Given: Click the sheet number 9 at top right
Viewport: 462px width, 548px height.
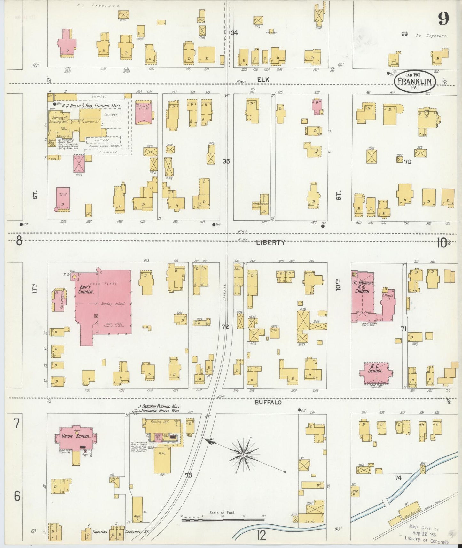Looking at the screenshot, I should (x=443, y=19).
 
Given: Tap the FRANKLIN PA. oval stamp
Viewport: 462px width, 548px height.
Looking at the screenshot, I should (x=415, y=82).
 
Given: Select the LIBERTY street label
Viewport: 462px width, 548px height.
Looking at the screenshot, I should (x=270, y=243).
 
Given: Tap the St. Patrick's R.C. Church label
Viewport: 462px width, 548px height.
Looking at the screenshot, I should (x=363, y=287).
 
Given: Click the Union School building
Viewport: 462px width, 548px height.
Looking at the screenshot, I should (x=76, y=436).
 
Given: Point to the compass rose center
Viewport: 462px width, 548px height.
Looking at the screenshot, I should (x=244, y=454).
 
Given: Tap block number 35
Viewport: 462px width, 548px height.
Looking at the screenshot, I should (x=226, y=161).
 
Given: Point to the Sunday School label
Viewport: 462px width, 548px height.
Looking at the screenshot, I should (x=113, y=304).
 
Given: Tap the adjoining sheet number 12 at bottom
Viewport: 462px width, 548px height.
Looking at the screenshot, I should (x=261, y=536).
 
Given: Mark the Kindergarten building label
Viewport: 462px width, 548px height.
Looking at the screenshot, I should (x=260, y=204).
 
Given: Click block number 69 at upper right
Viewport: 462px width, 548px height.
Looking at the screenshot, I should (x=404, y=34).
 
